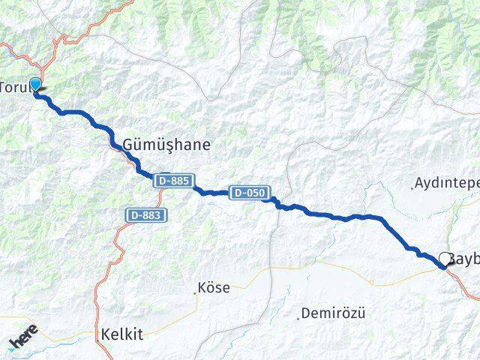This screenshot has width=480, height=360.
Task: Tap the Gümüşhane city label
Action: (x=160, y=144)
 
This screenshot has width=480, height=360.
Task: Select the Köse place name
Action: (x=215, y=287)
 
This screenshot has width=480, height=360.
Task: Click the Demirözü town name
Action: (x=334, y=313)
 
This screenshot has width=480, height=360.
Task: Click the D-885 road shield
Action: (x=175, y=181)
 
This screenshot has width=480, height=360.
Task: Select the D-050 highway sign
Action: (x=248, y=193)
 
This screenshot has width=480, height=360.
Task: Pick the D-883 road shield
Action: (x=146, y=215)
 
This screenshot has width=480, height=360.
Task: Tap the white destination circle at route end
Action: (x=445, y=259)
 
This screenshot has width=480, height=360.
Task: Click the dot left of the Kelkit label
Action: (x=97, y=336)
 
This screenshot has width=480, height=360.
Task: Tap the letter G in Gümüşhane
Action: (x=116, y=144)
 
